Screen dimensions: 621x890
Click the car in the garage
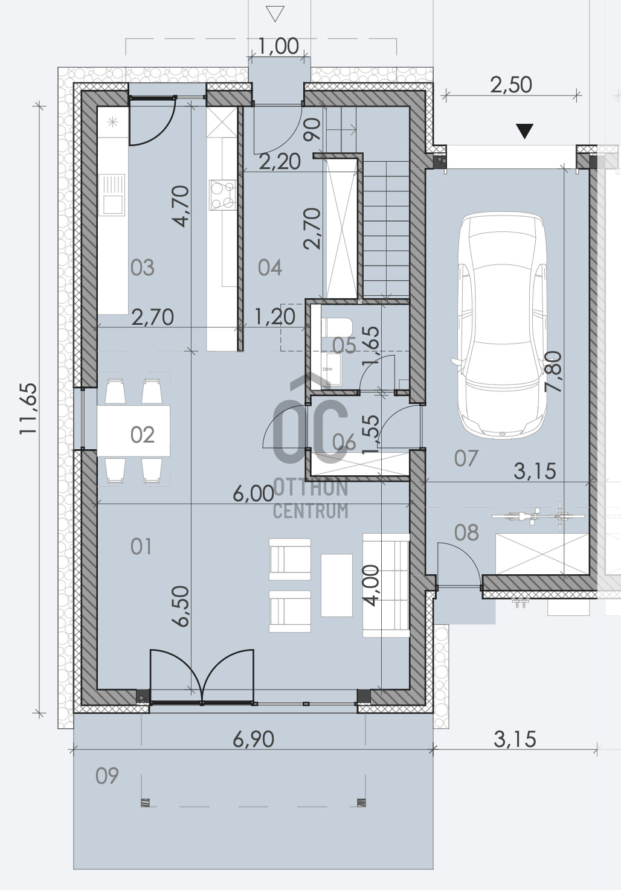[502, 325]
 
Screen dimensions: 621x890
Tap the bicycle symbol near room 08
[538, 516]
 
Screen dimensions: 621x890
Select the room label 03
[143, 268]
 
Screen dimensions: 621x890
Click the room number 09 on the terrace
[107, 775]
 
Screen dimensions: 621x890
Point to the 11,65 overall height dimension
[28, 409]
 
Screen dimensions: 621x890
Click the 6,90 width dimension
[253, 740]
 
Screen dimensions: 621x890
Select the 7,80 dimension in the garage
[553, 371]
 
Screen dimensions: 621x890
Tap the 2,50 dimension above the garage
[511, 85]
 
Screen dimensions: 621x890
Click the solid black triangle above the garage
[524, 131]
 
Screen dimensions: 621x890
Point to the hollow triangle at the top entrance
[275, 13]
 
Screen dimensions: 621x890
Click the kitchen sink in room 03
[114, 194]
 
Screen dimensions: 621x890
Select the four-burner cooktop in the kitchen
[223, 194]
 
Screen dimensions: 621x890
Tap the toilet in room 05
[336, 327]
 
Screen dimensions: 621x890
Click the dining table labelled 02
[134, 431]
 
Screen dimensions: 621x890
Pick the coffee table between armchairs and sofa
[336, 585]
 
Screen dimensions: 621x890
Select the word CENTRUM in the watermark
[310, 511]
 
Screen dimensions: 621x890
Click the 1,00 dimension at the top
[278, 46]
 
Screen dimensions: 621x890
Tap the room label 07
[466, 458]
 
